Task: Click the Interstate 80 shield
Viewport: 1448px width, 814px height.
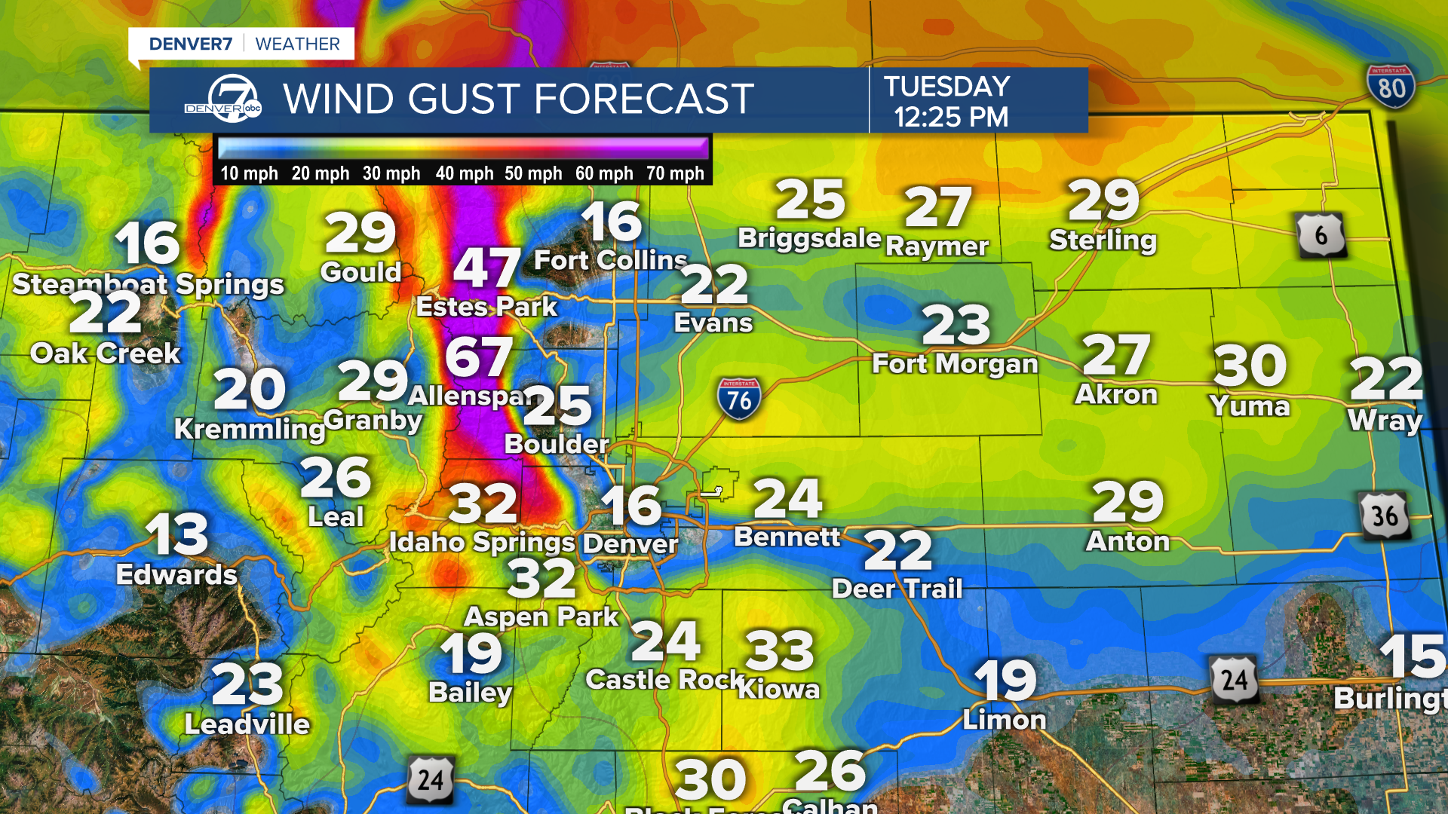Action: pos(1391,86)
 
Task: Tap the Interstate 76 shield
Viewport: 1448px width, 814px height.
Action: pos(738,399)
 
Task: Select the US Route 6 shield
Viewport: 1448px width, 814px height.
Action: pos(1321,236)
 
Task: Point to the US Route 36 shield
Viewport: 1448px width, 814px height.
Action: pos(1385,516)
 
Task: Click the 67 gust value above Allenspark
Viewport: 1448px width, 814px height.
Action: pos(479,357)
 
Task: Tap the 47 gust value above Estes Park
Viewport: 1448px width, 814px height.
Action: pos(486,268)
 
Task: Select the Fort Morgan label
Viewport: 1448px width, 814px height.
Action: pos(955,364)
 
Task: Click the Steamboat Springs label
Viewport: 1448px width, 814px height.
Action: pos(149,284)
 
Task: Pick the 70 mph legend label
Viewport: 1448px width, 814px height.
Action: pos(674,173)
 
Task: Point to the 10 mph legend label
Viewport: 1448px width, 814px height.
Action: pos(249,173)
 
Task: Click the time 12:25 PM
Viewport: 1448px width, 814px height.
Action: pos(950,118)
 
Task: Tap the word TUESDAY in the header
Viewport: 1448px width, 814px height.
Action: pos(946,87)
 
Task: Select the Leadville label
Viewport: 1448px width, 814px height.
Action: pos(247,724)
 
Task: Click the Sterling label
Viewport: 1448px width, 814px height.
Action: pos(1103,240)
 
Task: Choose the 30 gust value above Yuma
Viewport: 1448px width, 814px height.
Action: pos(1250,366)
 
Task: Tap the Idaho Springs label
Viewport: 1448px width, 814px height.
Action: pos(482,542)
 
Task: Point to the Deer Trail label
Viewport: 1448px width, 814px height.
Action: pos(897,589)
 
